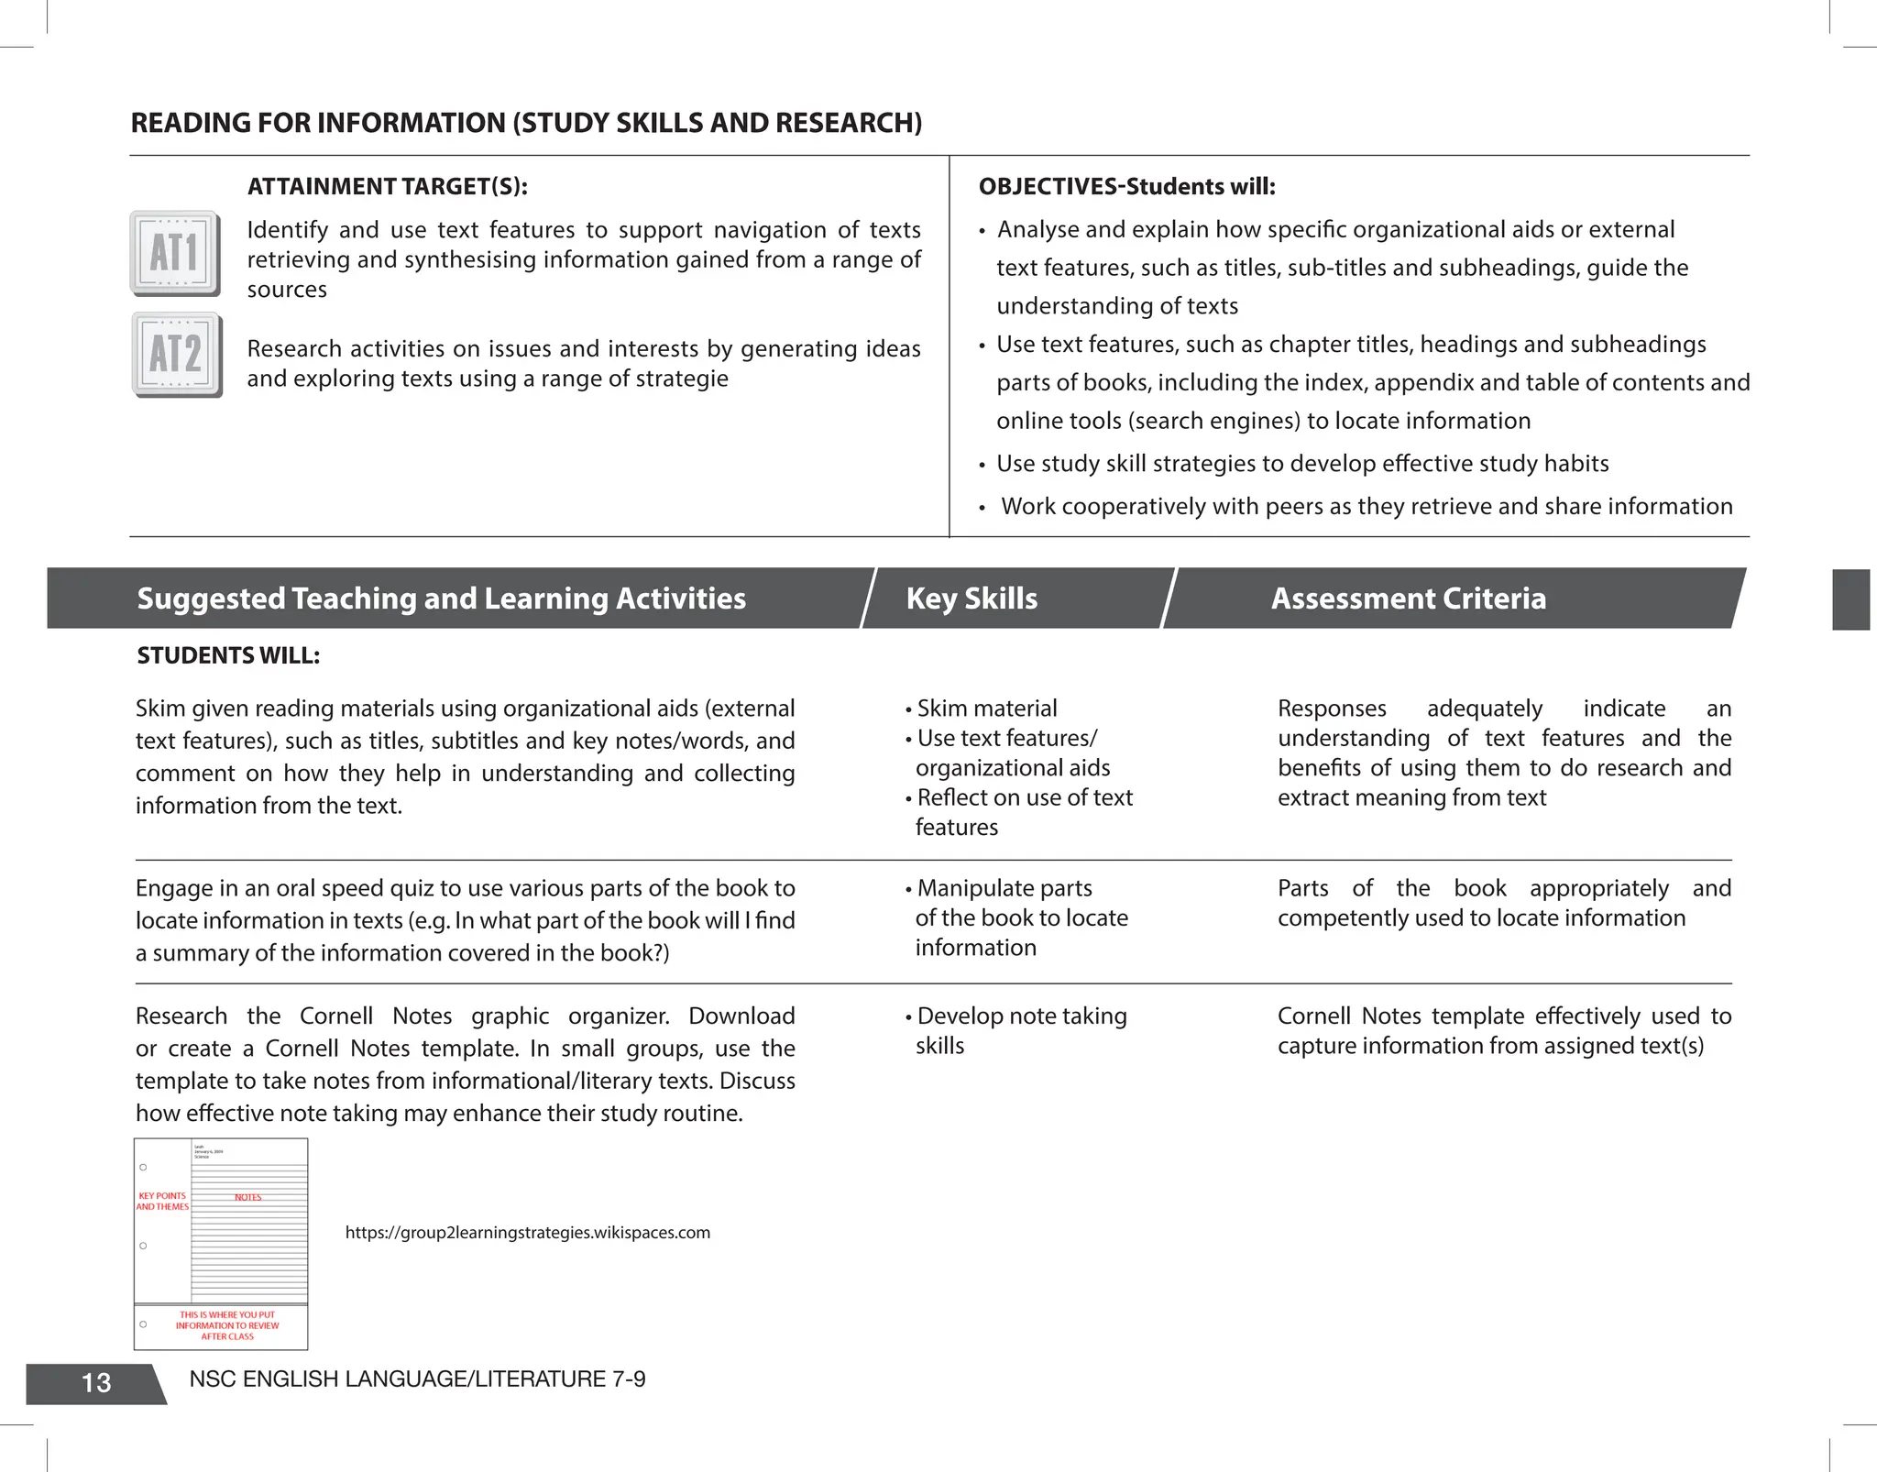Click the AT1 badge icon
[x=174, y=253]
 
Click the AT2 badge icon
[x=176, y=354]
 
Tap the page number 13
[x=96, y=1382]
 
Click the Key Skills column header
[x=971, y=599]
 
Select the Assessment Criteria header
[x=1408, y=599]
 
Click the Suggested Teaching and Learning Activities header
[x=441, y=599]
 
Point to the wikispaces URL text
[x=527, y=1233]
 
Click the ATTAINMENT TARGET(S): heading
[x=387, y=186]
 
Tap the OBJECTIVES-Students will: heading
[x=1126, y=186]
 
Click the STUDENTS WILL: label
[x=228, y=655]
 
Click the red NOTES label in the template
[x=247, y=1197]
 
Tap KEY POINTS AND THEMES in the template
[x=162, y=1202]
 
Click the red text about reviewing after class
[x=227, y=1325]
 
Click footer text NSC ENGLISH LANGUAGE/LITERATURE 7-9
[x=417, y=1379]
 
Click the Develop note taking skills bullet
[x=1020, y=1030]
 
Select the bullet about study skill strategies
[x=1301, y=464]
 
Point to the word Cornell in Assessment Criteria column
[x=1314, y=1016]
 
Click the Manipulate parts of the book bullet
[x=1019, y=917]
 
